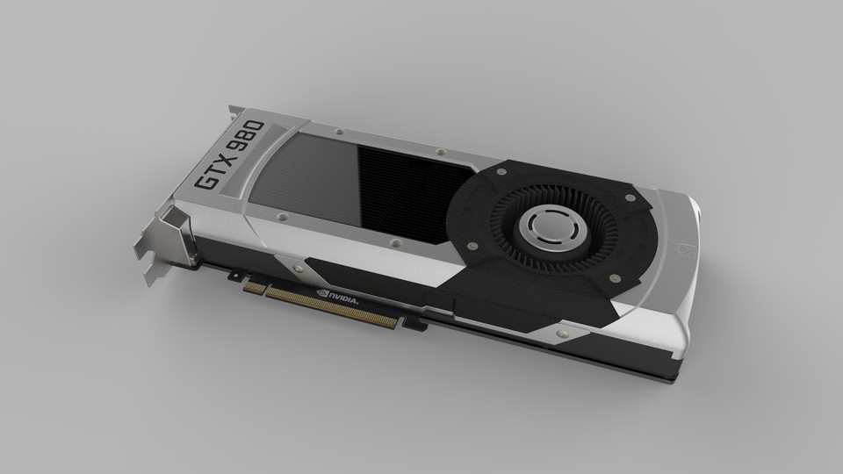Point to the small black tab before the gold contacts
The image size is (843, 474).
(x=234, y=276)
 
